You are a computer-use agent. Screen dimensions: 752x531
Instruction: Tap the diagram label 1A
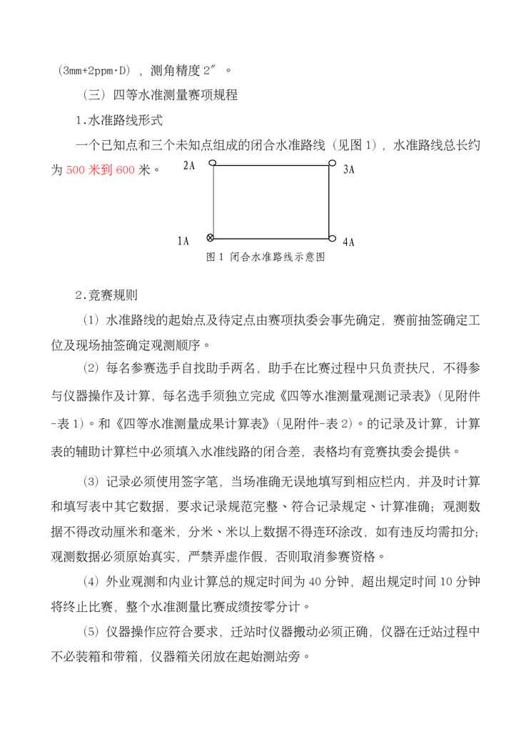[x=183, y=242]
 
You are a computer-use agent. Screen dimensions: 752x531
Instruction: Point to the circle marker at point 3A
[x=332, y=163]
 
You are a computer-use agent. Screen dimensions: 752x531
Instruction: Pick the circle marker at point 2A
[x=212, y=164]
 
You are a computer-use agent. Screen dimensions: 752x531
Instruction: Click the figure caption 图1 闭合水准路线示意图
[x=265, y=257]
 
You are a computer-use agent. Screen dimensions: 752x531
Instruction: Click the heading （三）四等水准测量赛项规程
[x=161, y=94]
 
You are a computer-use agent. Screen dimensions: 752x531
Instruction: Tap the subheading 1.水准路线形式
[x=119, y=119]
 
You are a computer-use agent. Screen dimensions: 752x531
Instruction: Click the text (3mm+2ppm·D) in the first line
[x=94, y=70]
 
